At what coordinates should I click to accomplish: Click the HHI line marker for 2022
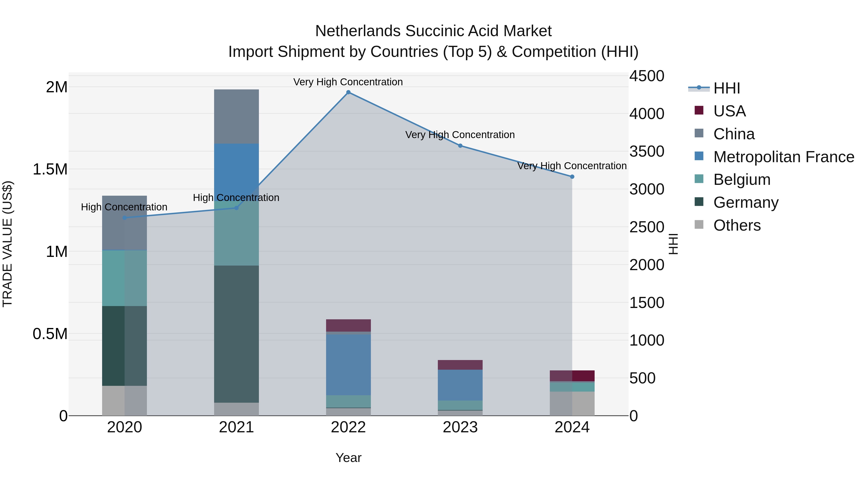point(348,92)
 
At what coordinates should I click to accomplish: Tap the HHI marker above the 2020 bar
point(125,218)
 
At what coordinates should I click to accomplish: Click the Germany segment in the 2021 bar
point(236,334)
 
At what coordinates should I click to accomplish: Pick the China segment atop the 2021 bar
point(236,116)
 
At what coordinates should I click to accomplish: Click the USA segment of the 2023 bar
point(460,365)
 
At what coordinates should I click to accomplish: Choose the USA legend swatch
point(699,110)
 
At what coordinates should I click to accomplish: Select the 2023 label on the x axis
point(460,427)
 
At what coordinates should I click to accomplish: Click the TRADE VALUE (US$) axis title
point(8,244)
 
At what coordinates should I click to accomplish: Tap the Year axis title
point(348,458)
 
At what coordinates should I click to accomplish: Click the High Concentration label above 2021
point(236,197)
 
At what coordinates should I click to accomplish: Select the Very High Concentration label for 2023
point(460,135)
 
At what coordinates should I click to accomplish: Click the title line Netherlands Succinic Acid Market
point(433,31)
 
